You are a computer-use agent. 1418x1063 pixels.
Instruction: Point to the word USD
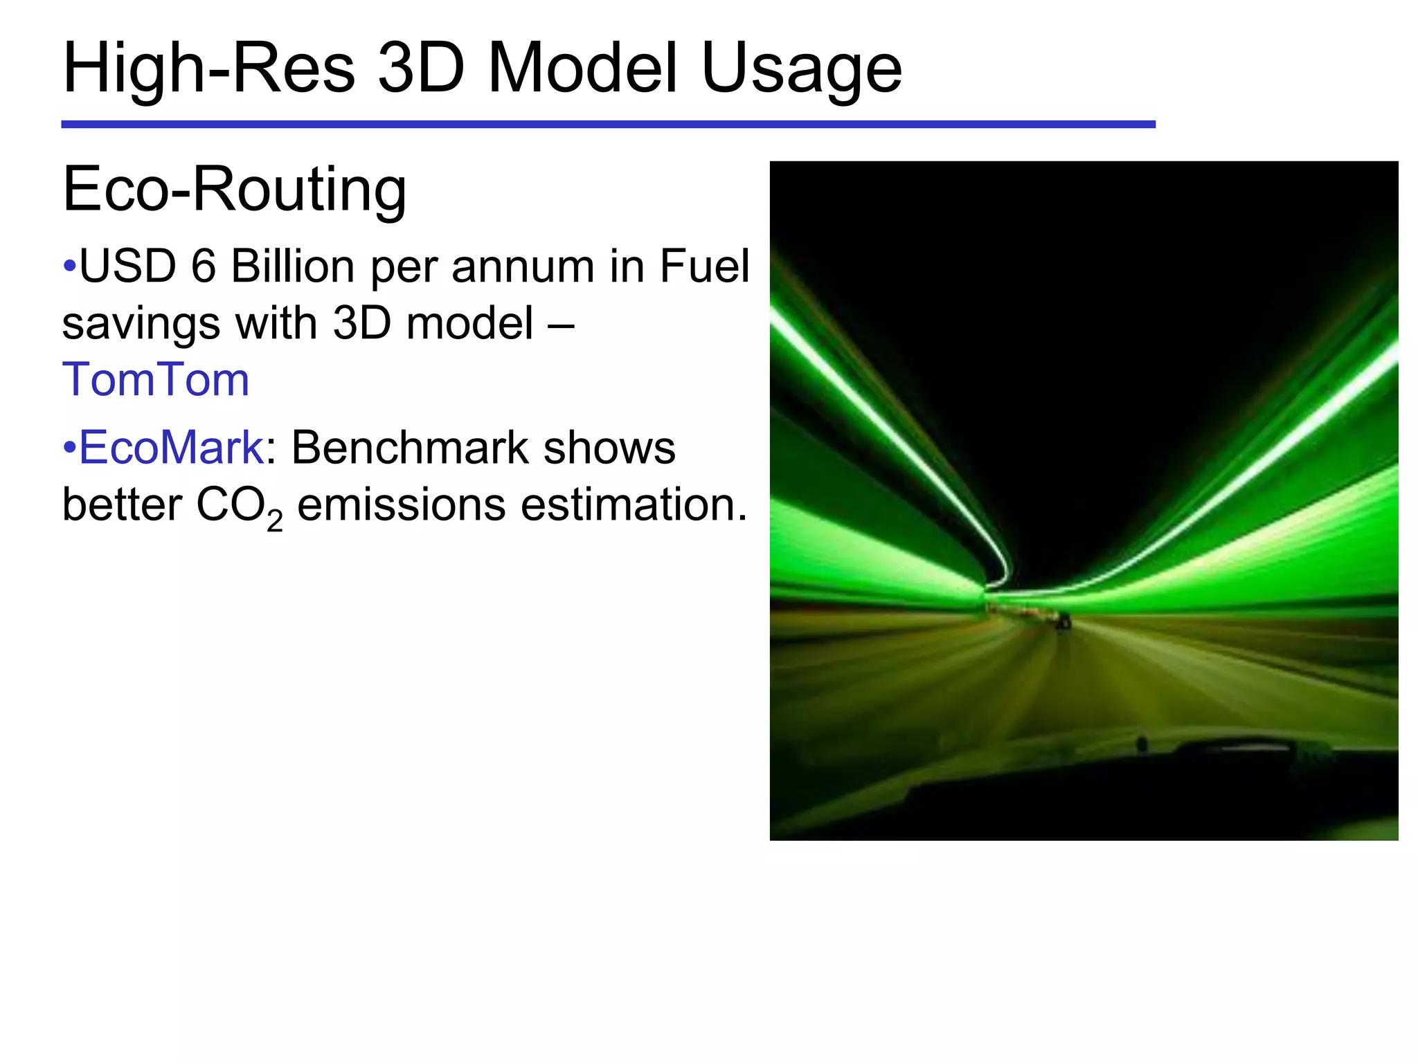coord(128,266)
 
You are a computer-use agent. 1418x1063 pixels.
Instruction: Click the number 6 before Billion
coord(203,266)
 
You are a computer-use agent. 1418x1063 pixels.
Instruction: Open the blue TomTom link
coord(156,380)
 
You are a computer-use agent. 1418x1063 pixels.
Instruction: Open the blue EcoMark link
coord(171,448)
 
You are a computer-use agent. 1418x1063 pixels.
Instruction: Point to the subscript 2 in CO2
coord(274,520)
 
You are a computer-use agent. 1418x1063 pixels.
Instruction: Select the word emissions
coord(402,505)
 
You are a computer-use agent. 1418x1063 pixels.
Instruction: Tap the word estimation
coord(634,505)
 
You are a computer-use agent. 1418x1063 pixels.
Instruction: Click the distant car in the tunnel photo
coord(1062,620)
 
